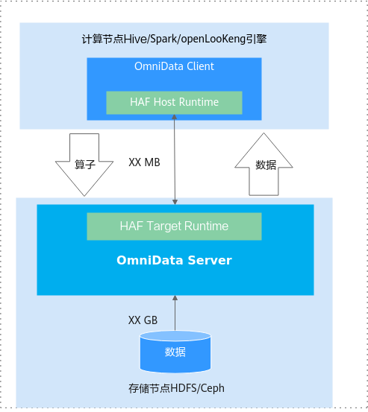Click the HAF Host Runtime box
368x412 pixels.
point(174,103)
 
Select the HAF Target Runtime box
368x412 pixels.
point(174,226)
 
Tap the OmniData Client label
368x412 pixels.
point(174,66)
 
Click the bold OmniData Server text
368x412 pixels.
point(174,260)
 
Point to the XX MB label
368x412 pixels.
point(144,162)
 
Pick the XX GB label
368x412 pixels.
point(143,320)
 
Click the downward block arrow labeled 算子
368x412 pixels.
point(84,165)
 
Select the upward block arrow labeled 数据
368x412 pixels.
point(263,164)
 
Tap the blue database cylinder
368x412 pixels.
point(175,352)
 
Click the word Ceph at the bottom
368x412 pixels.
point(213,389)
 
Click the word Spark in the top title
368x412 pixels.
point(163,39)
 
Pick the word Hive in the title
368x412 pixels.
point(135,39)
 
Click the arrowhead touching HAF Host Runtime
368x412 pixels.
point(174,117)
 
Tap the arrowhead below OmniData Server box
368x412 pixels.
point(175,298)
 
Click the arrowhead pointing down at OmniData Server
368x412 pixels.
point(175,202)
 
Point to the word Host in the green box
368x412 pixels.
point(164,102)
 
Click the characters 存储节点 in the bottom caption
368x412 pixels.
point(149,388)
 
